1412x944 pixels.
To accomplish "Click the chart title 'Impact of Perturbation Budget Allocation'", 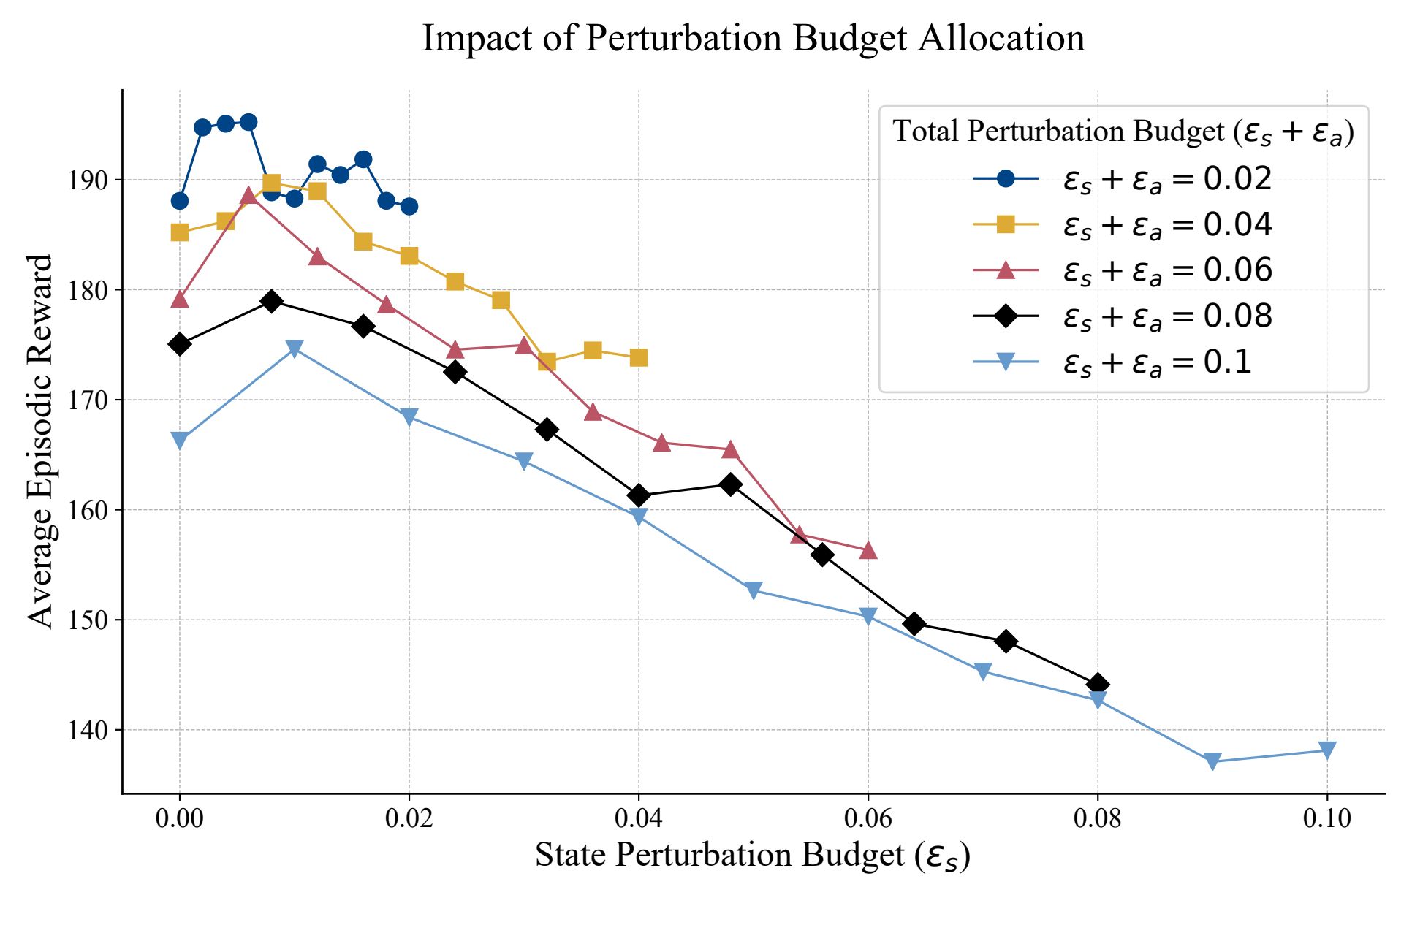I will pos(754,38).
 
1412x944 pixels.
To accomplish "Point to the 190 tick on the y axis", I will pos(88,180).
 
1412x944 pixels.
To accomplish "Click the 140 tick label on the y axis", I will pos(88,730).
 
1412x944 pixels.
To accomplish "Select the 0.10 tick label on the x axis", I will pos(1326,818).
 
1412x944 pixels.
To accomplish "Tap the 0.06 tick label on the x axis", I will pos(868,818).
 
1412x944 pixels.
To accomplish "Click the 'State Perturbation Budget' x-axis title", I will pos(752,856).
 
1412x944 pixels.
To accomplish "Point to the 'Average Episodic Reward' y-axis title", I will pos(40,441).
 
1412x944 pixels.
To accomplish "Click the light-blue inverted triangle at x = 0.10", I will pos(1327,750).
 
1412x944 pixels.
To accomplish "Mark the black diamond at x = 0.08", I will pos(1097,685).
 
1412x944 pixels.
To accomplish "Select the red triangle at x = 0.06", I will pos(868,550).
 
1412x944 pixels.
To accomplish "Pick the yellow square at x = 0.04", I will pos(639,358).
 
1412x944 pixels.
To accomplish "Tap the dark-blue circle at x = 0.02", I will pos(409,206).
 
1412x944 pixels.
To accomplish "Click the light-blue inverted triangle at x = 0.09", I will pos(1212,761).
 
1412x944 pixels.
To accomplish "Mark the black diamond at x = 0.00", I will pos(180,344).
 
